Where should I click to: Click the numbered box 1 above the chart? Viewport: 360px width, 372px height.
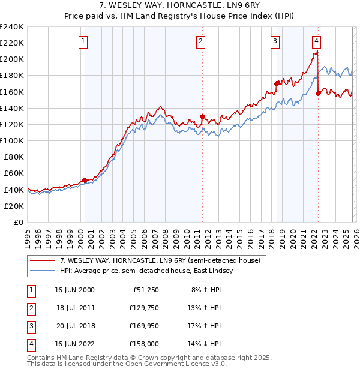pyautogui.click(x=83, y=41)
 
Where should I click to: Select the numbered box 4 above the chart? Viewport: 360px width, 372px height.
pyautogui.click(x=316, y=41)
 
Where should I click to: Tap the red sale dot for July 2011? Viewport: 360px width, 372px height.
pyautogui.click(x=203, y=116)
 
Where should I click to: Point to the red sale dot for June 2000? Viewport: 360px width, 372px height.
pyautogui.click(x=85, y=180)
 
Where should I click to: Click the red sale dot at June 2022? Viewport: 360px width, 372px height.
pyautogui.click(x=318, y=93)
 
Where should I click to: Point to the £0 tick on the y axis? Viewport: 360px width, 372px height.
pyautogui.click(x=19, y=222)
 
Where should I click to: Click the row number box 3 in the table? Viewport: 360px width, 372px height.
pyautogui.click(x=31, y=326)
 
